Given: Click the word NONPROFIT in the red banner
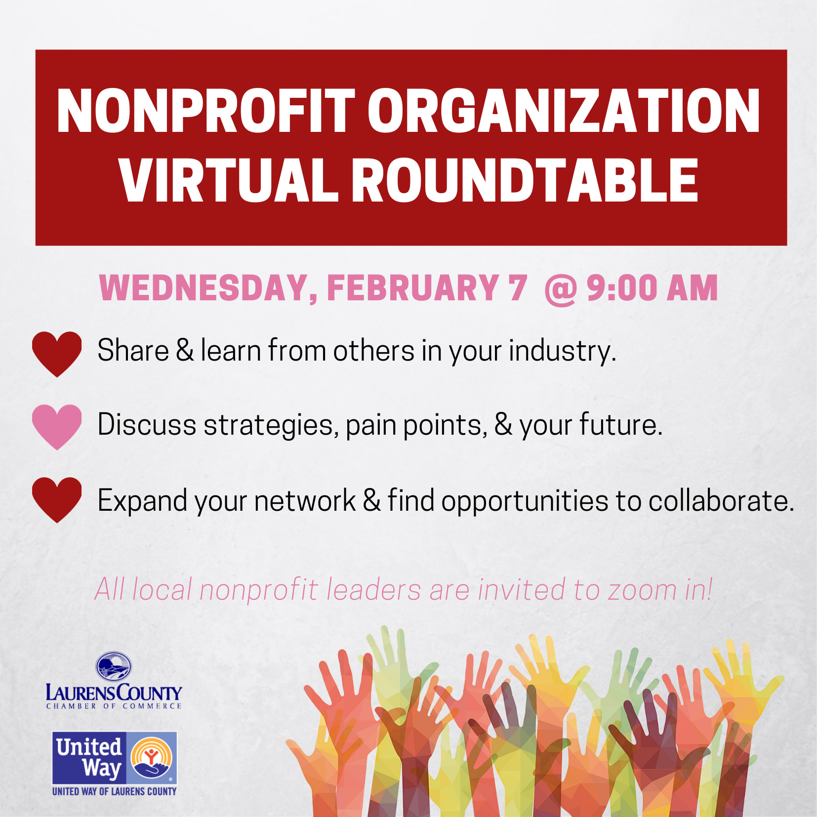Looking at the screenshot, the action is [x=205, y=111].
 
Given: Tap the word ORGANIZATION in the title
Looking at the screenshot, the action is [x=564, y=111].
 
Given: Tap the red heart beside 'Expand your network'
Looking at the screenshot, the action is [x=57, y=500].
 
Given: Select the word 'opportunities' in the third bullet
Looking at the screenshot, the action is [x=525, y=501].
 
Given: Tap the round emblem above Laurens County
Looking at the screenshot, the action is [x=114, y=666].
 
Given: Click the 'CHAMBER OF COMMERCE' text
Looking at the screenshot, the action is [x=114, y=706].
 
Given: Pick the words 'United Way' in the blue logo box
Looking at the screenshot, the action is [x=89, y=758].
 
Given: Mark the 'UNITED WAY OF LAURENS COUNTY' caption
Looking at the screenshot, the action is [x=115, y=791].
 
